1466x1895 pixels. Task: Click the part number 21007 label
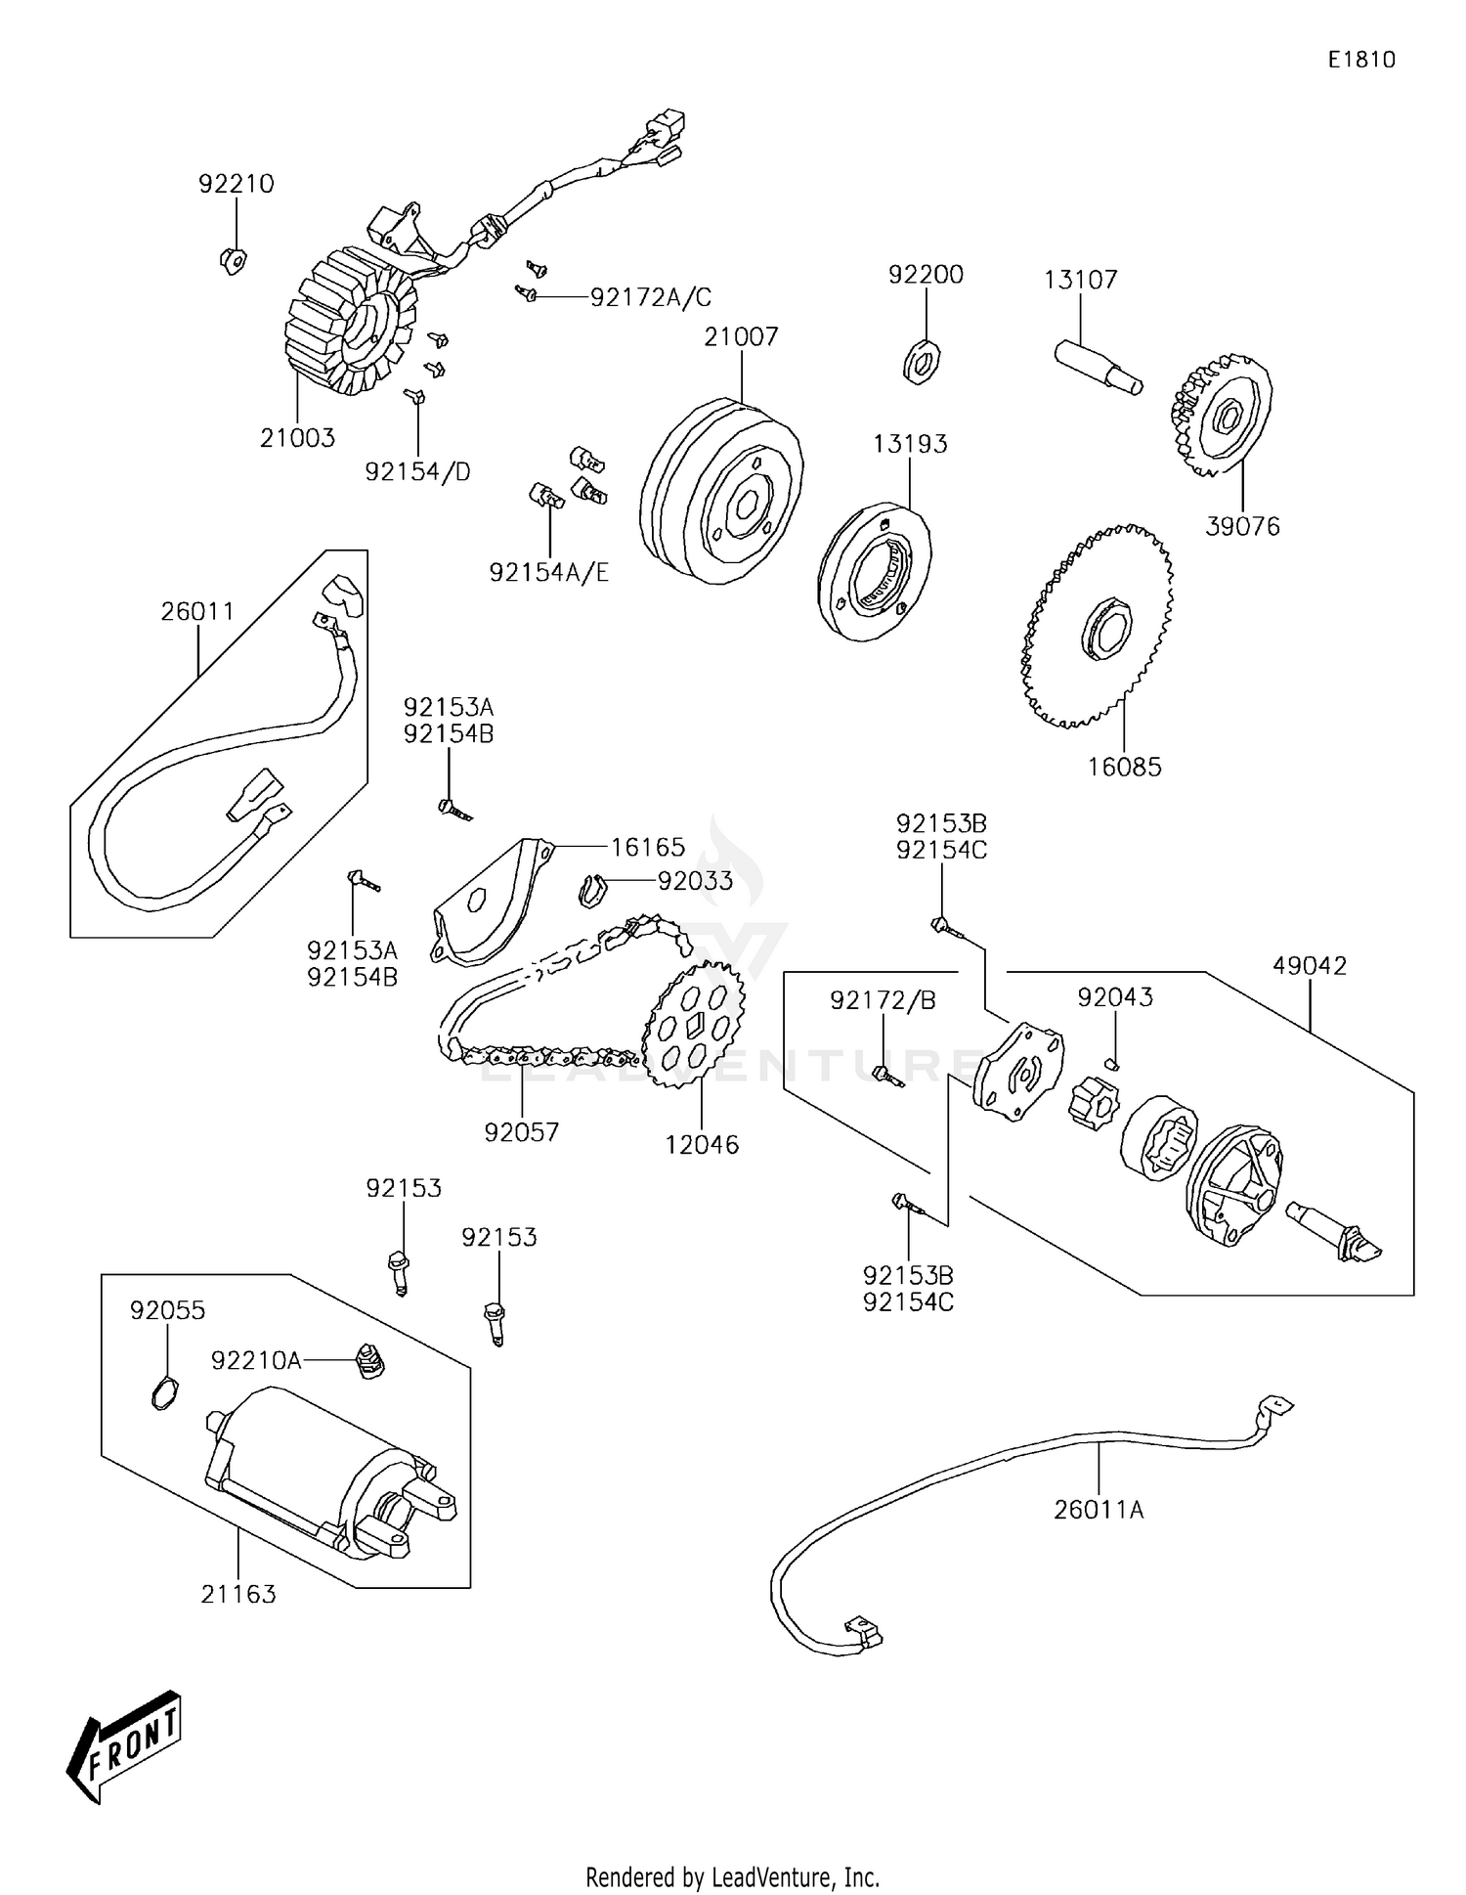click(x=741, y=337)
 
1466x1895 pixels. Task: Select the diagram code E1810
click(x=1361, y=60)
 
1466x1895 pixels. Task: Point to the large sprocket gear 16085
click(x=1098, y=627)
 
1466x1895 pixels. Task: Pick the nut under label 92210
click(x=232, y=260)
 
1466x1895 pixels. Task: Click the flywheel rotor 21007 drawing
click(x=722, y=491)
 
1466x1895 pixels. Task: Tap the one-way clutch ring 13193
click(x=874, y=572)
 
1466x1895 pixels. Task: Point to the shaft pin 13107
click(x=1098, y=367)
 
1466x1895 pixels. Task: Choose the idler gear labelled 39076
click(x=1222, y=417)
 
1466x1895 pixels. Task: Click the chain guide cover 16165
click(x=489, y=901)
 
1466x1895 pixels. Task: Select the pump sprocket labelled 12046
click(x=694, y=1027)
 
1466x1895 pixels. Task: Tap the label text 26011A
click(x=1099, y=1510)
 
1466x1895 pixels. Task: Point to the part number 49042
click(x=1310, y=966)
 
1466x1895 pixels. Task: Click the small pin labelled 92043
click(x=1113, y=1062)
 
